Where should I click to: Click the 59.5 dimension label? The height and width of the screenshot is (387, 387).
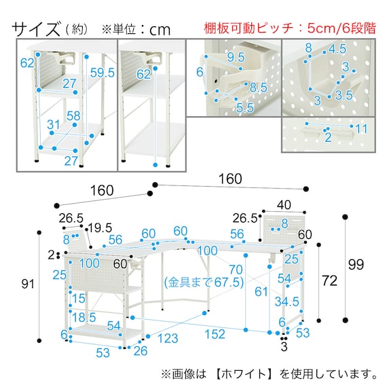point(103,73)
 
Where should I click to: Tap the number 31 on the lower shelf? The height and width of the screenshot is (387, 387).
point(54,124)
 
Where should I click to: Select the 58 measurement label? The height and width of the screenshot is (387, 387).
point(73,115)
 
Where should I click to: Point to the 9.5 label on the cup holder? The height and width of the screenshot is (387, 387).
point(236,57)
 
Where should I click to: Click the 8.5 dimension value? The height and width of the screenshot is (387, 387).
point(259,88)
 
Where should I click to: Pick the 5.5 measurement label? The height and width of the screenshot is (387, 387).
point(245,107)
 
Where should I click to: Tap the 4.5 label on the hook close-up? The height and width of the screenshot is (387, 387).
point(337,49)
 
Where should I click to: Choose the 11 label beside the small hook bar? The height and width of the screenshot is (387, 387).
point(362,128)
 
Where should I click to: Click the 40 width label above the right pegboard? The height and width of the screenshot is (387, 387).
point(284,205)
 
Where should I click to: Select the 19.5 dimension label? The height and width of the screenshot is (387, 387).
point(100,228)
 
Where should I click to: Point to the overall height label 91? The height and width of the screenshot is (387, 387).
point(28,284)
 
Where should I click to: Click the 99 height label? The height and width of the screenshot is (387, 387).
point(356,264)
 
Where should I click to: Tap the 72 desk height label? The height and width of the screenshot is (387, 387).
point(329,280)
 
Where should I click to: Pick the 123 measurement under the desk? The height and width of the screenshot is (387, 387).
point(168,338)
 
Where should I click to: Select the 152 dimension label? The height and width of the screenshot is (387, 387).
point(215,334)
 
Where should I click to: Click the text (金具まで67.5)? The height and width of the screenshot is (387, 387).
point(204,282)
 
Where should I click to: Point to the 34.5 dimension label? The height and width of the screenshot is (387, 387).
point(287,301)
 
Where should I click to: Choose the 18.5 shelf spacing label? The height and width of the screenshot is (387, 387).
point(84,317)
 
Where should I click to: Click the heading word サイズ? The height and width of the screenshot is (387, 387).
point(36,29)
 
